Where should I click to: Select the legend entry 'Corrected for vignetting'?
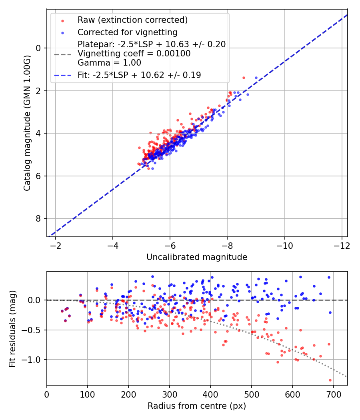[127, 32]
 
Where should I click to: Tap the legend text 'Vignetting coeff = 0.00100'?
[134, 54]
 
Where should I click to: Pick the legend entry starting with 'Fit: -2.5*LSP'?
[139, 75]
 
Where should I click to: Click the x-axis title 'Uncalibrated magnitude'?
[197, 257]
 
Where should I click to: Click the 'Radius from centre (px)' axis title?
[197, 406]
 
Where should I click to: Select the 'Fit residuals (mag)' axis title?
[12, 328]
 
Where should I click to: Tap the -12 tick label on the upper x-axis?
[342, 246]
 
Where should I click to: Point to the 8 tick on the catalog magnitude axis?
[39, 218]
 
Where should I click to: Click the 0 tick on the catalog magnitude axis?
[39, 48]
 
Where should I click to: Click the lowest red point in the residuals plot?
[330, 380]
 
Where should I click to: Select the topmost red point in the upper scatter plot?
[244, 78]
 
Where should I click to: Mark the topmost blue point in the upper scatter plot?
[256, 78]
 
